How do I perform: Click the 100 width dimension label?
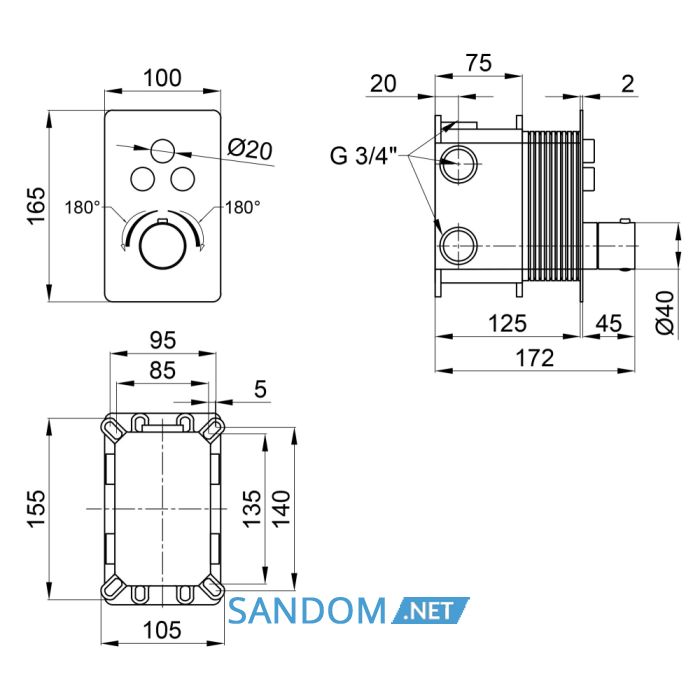pos(162,78)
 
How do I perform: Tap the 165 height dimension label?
pos(36,206)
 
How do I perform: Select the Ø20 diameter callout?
pos(250,149)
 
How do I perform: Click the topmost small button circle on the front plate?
pos(162,151)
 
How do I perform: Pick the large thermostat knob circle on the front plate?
pos(162,246)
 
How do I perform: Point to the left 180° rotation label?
pos(83,208)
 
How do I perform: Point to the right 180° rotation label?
pos(242,208)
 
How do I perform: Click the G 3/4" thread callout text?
pos(363,156)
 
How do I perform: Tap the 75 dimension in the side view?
pos(479,63)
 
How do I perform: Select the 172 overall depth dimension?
pos(535,358)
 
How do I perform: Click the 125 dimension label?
pos(508,323)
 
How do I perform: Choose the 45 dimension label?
pos(609,323)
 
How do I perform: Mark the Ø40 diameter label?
pos(665,312)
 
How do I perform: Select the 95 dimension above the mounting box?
pos(163,340)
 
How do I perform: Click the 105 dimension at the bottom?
pos(162,630)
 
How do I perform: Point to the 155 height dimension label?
pos(36,508)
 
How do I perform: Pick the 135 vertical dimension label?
pos(252,508)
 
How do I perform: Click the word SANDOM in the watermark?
pos(307,611)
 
